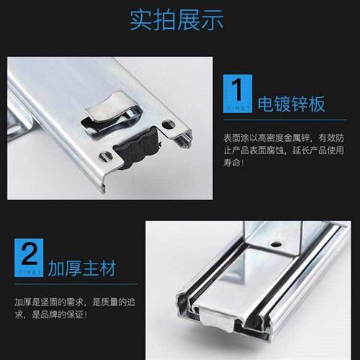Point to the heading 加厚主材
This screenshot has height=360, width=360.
pyautogui.click(x=84, y=269)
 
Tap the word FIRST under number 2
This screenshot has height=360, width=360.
pyautogui.click(x=28, y=272)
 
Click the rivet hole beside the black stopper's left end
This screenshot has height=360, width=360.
pyautogui.click(x=108, y=155)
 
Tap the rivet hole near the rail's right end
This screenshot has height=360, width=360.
pyautogui.click(x=168, y=125)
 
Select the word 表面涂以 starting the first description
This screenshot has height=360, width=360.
pyautogui.click(x=239, y=138)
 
